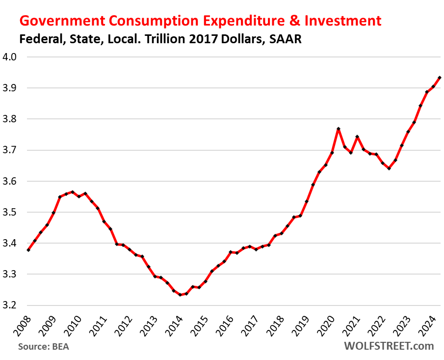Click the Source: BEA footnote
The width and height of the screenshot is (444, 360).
pyautogui.click(x=44, y=347)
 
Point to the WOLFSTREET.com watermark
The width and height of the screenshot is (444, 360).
pyautogui.click(x=390, y=346)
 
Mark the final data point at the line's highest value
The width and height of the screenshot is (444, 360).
pyautogui.click(x=440, y=78)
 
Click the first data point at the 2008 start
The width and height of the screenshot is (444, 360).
pyautogui.click(x=28, y=250)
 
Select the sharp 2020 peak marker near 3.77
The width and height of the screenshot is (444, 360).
pyautogui.click(x=339, y=129)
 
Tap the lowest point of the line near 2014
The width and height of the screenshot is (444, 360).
pyautogui.click(x=180, y=295)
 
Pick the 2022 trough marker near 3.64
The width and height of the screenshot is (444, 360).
pyautogui.click(x=389, y=168)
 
